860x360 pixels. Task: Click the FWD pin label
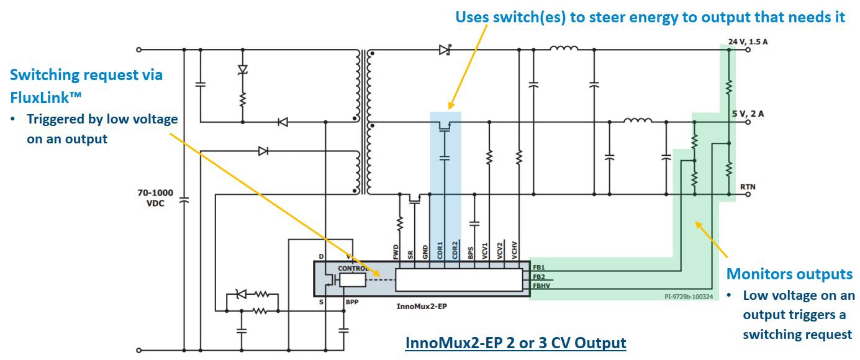396,251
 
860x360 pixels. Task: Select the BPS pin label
471,251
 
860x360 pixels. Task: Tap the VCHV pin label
515,250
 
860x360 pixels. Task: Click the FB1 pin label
538,268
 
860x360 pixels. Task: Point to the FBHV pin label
540,286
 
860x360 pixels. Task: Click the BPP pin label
351,302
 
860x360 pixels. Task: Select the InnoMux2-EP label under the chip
422,307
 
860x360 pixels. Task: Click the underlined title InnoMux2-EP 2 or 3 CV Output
515,343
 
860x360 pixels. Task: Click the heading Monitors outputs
789,274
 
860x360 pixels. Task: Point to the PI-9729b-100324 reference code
687,297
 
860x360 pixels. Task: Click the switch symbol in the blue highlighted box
444,127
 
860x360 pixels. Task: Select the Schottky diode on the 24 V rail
445,49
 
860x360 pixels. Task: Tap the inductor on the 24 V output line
564,48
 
